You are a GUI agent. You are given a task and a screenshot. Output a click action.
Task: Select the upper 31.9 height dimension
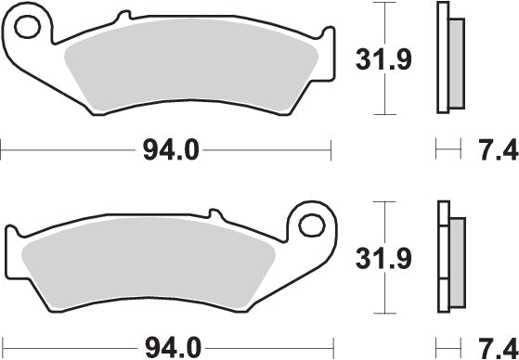tap(380, 61)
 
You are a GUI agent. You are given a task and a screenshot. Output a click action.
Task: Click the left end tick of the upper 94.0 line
tap(3, 148)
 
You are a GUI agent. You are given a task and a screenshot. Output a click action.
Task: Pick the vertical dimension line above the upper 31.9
tap(380, 23)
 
